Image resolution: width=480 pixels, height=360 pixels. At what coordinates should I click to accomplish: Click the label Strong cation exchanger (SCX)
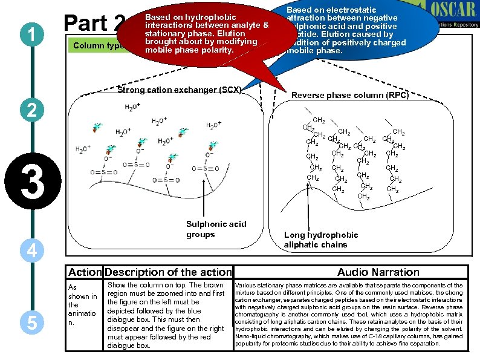[x=179, y=90]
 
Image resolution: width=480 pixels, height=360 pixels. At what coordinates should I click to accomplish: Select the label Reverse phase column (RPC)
[x=350, y=95]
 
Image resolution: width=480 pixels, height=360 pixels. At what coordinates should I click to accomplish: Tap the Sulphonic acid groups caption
[x=216, y=229]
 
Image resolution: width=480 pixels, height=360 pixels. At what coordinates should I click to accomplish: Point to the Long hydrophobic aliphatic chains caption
[x=321, y=240]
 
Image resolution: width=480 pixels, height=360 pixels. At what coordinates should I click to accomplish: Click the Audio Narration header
[x=378, y=272]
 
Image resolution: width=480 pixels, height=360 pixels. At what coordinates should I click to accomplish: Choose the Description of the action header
[x=168, y=272]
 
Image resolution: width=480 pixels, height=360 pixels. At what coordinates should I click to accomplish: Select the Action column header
[x=84, y=272]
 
